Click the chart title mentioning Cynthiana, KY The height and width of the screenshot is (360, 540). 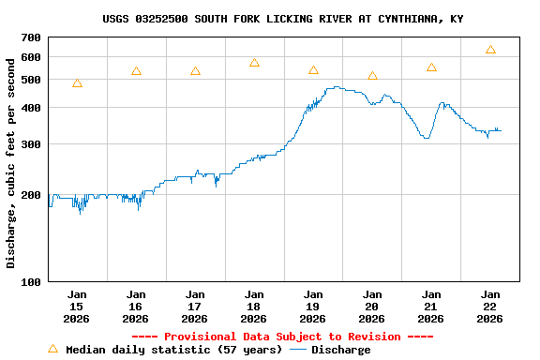coord(282,19)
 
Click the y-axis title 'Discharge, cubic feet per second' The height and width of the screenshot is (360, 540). coord(11,163)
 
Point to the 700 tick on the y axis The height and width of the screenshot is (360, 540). coord(31,37)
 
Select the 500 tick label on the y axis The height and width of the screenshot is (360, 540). coord(31,80)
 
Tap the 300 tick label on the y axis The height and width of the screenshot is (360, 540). coord(31,144)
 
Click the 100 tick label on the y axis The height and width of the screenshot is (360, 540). coord(31,282)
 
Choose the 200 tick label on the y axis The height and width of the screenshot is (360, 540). coord(31,195)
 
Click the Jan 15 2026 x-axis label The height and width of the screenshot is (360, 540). coord(77,306)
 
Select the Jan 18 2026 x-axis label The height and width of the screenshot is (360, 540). coord(254,306)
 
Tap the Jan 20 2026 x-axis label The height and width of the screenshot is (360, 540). coord(372,306)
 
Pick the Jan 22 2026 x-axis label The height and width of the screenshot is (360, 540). coord(490,306)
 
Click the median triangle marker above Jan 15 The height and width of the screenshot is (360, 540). coord(77,83)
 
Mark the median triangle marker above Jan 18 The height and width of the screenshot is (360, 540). coord(254,63)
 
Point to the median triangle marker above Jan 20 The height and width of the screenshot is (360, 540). coord(372,76)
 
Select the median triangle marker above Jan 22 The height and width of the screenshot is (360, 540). coord(490,50)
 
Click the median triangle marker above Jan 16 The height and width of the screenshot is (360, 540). coord(136,71)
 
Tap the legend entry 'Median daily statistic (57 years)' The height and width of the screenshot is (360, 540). coord(173,350)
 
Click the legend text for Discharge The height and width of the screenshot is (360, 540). coord(340,350)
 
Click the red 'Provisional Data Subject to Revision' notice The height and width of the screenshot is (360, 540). coord(282,337)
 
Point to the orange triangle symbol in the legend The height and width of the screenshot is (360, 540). coord(52,349)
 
